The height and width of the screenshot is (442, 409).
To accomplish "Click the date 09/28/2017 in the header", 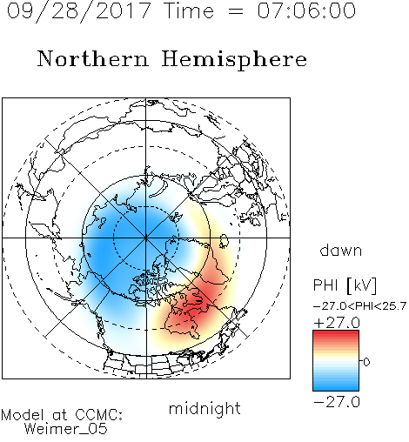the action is [78, 11].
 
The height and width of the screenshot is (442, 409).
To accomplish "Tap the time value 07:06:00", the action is [306, 10].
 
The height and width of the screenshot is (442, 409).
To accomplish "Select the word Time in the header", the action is [189, 10].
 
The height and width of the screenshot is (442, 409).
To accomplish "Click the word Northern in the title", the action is [93, 58].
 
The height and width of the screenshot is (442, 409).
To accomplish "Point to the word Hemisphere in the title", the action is [234, 60].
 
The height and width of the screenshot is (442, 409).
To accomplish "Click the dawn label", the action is [341, 250].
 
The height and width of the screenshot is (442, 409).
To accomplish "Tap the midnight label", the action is [204, 408].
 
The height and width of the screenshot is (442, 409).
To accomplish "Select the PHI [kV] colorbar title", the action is [345, 285].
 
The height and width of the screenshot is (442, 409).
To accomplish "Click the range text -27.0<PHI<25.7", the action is [359, 306].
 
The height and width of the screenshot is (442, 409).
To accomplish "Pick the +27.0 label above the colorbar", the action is [337, 323].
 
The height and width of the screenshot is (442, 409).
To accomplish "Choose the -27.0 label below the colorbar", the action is [337, 402].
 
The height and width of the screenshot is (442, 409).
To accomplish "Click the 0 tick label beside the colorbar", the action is [366, 362].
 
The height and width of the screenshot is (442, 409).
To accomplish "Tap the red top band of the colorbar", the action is [336, 333].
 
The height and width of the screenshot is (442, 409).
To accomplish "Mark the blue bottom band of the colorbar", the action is [336, 387].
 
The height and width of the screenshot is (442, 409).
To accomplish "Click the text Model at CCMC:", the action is [62, 415].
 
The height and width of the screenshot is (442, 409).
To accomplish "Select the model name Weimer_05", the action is [66, 428].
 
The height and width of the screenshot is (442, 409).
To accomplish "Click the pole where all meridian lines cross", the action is [146, 238].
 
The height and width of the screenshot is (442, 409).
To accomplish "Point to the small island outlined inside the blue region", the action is [102, 223].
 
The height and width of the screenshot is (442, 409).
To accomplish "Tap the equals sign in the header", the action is [236, 11].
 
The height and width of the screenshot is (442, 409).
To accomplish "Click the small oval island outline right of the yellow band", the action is [224, 241].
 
